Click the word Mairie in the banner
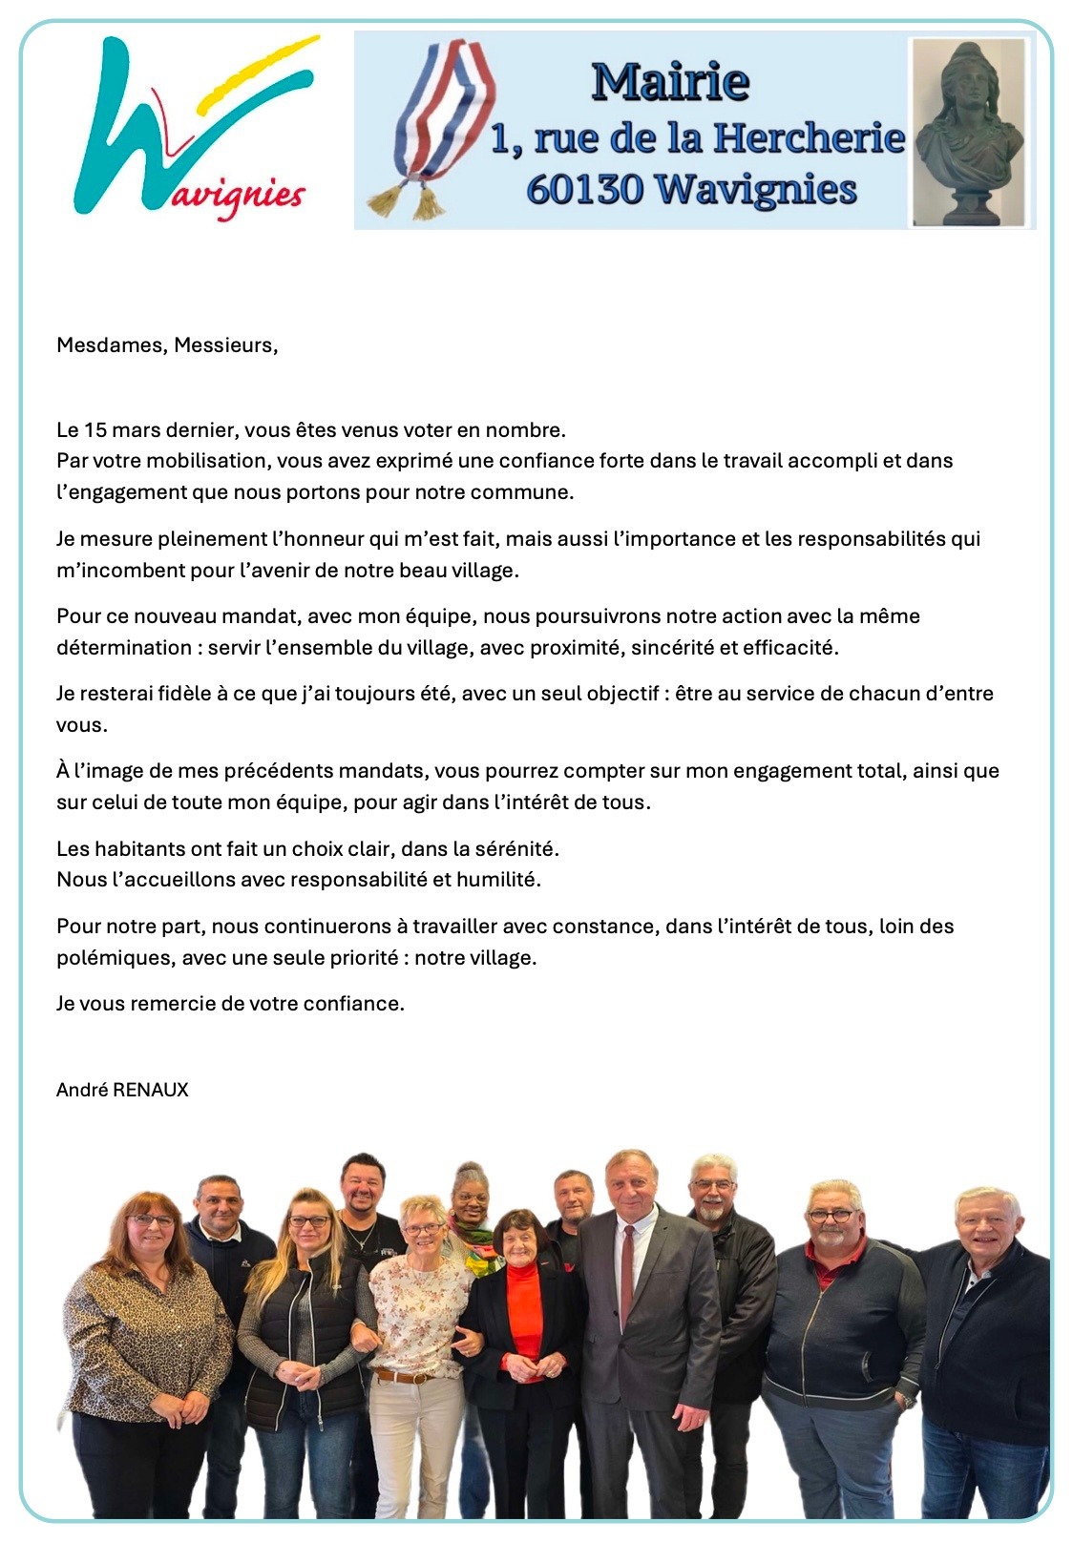click(669, 81)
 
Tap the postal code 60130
click(584, 188)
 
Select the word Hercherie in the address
click(809, 138)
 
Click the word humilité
click(497, 880)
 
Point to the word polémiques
click(115, 958)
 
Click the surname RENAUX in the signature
click(151, 1090)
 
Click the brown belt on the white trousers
click(406, 1377)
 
